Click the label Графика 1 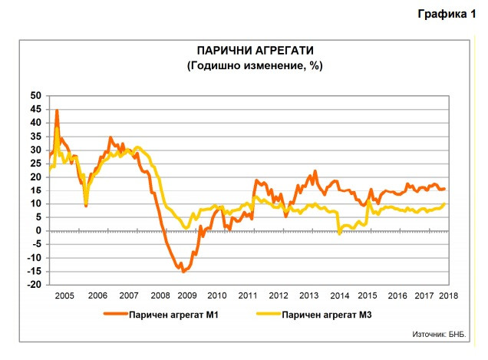pos(447,14)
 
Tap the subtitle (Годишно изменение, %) pos(254,65)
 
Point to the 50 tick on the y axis pos(35,96)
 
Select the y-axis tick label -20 pos(34,285)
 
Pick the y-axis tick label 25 pos(35,163)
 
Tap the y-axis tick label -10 pos(34,258)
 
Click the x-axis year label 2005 pos(65,296)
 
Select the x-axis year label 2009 pos(186,296)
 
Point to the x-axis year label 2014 pos(338,296)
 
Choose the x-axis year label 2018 pos(448,296)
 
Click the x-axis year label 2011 pos(247,296)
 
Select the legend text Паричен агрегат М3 pos(328,315)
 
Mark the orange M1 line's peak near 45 pos(57,111)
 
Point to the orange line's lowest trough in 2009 pos(183,271)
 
